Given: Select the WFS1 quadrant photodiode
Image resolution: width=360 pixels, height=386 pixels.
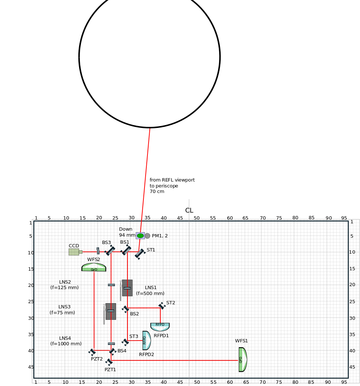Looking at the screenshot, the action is click(242, 359).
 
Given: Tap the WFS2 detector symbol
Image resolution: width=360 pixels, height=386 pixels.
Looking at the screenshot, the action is click(94, 267).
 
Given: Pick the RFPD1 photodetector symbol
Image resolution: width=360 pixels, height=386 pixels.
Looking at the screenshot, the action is click(160, 327).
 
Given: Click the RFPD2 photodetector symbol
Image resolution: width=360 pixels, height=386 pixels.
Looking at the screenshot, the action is click(146, 341).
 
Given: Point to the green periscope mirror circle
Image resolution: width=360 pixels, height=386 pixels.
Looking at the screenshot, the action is click(140, 236).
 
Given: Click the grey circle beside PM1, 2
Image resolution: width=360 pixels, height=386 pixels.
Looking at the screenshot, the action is click(147, 236).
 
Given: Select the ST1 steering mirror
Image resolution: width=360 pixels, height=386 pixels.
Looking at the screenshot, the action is click(140, 254).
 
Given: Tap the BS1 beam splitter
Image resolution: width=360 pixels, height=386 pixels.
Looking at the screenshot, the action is click(126, 250).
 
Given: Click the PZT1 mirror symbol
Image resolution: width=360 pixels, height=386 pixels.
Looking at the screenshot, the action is click(109, 362).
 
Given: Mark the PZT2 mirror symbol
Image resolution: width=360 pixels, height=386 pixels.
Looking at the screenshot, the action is click(92, 352).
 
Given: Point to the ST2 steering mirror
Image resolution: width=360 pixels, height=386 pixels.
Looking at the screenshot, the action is click(162, 306).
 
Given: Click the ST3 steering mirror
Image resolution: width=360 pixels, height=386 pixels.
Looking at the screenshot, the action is click(125, 342).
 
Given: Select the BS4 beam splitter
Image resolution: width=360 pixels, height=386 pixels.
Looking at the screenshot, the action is click(113, 352).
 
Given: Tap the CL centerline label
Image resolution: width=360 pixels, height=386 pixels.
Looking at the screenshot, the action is click(189, 210).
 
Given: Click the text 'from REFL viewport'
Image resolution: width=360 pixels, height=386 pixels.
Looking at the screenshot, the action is click(172, 180).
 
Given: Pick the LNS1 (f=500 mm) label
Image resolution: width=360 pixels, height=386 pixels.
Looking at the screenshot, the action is click(150, 291).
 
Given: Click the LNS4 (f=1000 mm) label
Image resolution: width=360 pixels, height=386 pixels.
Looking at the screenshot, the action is click(66, 341).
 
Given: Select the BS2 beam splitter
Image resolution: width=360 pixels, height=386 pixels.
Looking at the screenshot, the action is click(126, 309).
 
